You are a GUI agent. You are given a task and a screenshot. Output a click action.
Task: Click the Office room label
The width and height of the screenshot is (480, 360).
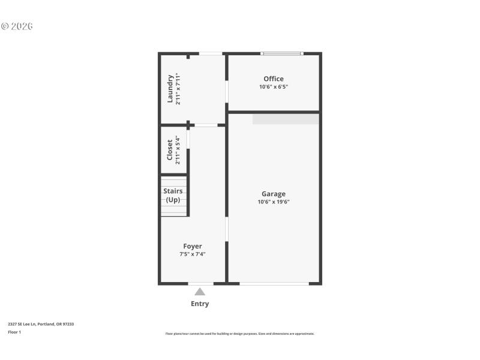(274, 79)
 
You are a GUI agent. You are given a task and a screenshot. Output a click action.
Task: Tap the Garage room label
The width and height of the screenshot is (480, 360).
(274, 194)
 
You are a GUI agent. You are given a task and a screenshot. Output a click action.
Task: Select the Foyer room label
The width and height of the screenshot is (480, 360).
(193, 246)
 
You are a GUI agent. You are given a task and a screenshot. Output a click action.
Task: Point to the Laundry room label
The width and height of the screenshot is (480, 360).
(170, 88)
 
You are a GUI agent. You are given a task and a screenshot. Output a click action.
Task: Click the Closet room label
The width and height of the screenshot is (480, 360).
(170, 151)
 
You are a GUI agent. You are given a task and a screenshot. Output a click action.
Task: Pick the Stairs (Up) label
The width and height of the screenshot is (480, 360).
(173, 196)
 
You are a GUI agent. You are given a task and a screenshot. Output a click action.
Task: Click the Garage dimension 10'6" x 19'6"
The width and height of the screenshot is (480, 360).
(274, 202)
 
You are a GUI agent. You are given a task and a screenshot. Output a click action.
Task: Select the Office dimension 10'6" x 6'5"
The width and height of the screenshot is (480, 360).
(274, 87)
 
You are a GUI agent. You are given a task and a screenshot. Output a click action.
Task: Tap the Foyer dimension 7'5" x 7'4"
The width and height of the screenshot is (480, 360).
(193, 254)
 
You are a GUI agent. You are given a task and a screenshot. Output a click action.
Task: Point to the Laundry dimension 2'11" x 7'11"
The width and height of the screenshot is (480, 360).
(178, 88)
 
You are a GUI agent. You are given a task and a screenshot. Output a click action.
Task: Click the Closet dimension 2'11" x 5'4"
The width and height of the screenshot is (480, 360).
(178, 151)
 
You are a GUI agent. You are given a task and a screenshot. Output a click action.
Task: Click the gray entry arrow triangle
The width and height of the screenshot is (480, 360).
(200, 292)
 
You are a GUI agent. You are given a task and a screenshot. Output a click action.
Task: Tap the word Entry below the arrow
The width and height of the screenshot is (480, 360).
(200, 304)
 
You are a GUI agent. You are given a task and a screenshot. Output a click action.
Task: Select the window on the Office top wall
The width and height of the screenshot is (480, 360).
(281, 54)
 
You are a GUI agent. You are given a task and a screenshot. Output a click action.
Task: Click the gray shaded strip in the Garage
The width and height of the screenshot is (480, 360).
(286, 119)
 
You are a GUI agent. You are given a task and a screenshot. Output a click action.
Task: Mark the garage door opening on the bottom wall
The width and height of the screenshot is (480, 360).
(274, 283)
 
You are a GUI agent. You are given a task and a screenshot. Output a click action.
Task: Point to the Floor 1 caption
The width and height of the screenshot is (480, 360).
(14, 332)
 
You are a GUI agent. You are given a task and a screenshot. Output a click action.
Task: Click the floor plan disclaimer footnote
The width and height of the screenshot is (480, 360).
(240, 334)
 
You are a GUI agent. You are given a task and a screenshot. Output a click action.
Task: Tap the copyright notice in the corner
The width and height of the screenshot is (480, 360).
(17, 26)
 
